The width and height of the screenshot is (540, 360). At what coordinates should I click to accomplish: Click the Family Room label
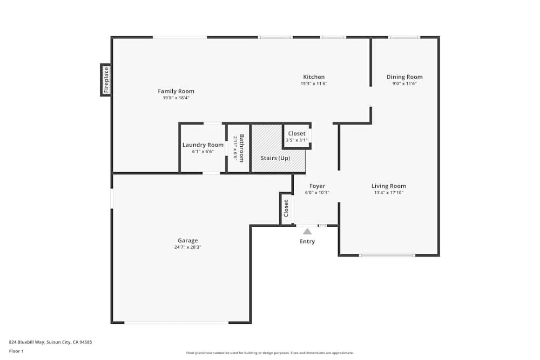(x=176, y=91)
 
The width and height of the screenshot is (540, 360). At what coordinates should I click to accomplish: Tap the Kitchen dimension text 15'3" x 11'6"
(x=314, y=84)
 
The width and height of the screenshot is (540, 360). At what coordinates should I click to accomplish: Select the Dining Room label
(x=404, y=77)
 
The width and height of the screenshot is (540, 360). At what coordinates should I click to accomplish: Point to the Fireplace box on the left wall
(x=106, y=80)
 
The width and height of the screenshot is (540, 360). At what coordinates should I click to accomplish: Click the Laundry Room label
(x=202, y=145)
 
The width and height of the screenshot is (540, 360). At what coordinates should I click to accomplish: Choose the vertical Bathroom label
(x=242, y=148)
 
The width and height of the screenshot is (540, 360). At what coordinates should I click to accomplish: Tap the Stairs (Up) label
(x=275, y=158)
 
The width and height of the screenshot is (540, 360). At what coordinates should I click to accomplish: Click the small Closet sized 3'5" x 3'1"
(x=296, y=137)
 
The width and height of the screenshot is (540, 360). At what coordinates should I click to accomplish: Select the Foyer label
(x=317, y=186)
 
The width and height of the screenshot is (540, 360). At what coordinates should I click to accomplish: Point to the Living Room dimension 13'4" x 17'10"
(x=389, y=193)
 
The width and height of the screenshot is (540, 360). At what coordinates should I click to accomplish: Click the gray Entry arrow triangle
(x=307, y=231)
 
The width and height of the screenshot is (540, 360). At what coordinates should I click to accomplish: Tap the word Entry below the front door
(x=307, y=241)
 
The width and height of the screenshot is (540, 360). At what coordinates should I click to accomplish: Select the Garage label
(x=188, y=241)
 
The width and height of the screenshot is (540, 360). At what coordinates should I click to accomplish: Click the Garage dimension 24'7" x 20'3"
(x=188, y=247)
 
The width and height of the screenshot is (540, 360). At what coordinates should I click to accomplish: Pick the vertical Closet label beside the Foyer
(x=286, y=208)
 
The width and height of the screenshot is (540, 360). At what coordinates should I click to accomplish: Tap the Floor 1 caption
(x=16, y=351)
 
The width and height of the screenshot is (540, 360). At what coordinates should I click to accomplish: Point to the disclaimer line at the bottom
(x=270, y=353)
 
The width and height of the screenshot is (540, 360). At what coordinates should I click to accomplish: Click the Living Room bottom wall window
(x=387, y=255)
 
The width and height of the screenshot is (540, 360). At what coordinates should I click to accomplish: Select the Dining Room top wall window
(x=404, y=37)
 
